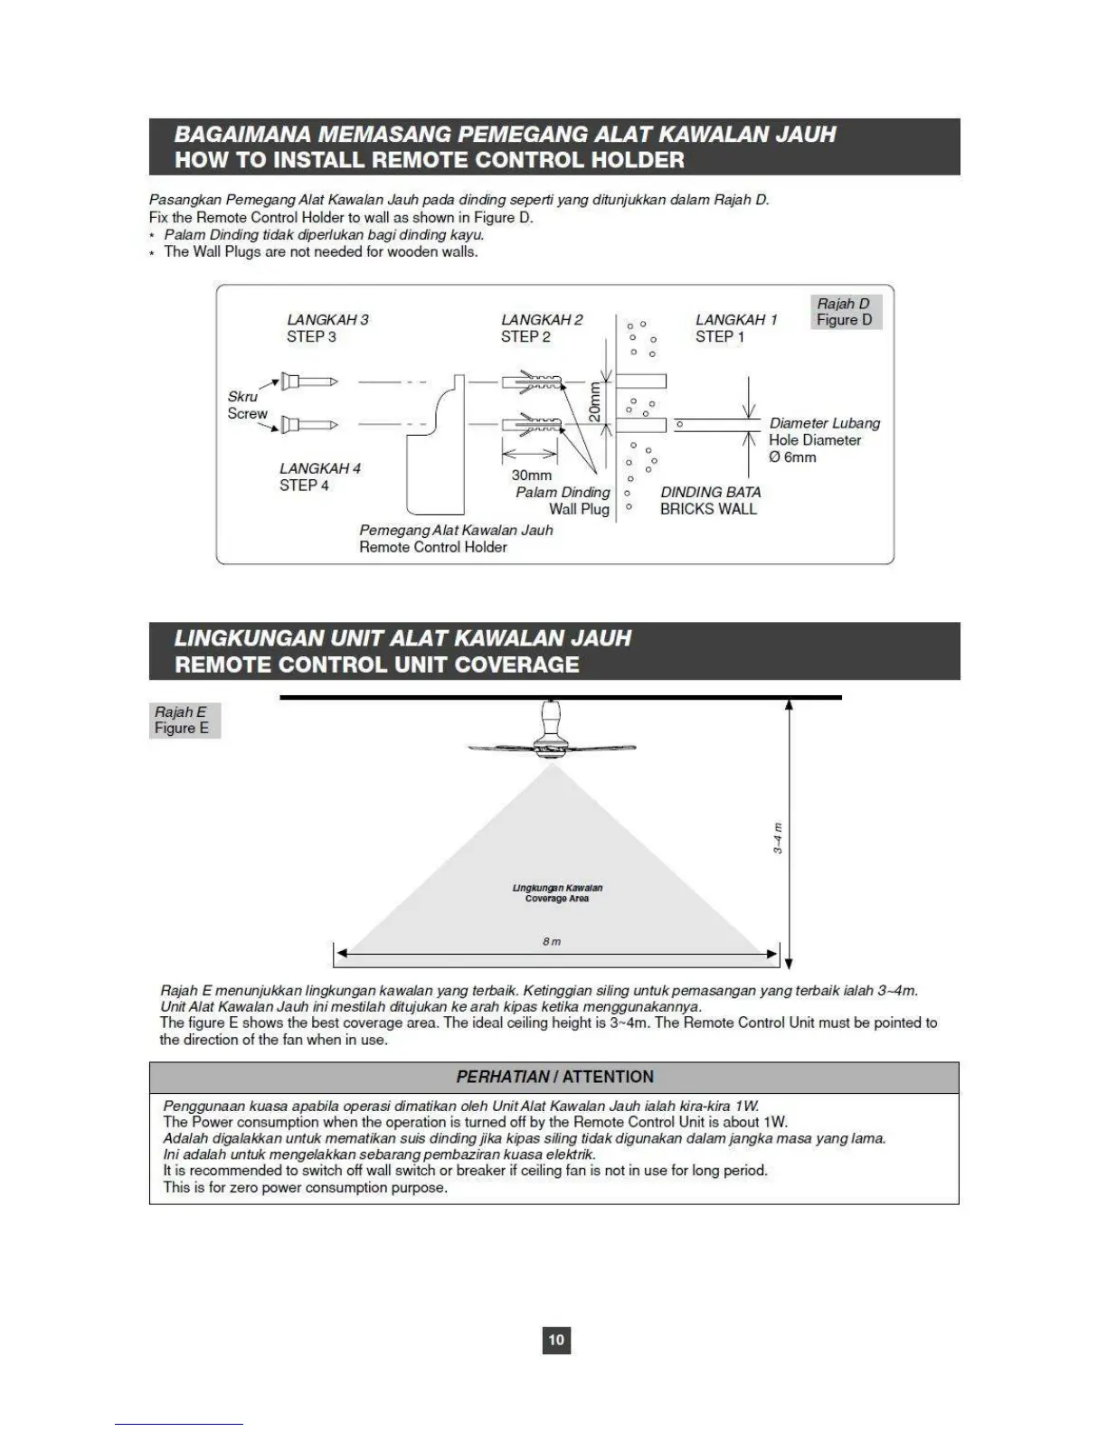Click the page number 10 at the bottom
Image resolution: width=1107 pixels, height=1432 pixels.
(x=556, y=1339)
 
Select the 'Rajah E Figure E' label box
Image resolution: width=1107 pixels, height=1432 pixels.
(x=184, y=721)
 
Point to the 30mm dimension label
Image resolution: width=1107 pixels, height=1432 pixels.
(x=531, y=476)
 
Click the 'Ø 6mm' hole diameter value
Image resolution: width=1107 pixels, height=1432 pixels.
(x=792, y=457)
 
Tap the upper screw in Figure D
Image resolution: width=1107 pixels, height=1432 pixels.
(x=308, y=382)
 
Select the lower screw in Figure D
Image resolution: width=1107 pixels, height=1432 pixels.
(x=308, y=425)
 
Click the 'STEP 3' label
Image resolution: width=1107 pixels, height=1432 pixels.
(x=311, y=337)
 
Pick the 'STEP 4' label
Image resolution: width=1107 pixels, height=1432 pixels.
(x=304, y=485)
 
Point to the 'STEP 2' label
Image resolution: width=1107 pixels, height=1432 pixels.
(x=525, y=337)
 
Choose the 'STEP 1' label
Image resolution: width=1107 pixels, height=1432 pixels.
(x=720, y=337)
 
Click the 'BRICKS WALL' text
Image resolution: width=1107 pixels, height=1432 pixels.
(x=708, y=509)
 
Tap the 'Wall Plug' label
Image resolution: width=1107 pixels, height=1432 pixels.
(x=579, y=509)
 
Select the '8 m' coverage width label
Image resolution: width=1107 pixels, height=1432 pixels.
(x=552, y=942)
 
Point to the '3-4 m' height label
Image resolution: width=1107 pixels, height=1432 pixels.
(x=778, y=838)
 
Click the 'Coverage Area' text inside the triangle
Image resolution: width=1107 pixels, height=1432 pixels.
(x=557, y=899)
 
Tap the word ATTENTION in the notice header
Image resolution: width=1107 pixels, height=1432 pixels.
(x=608, y=1077)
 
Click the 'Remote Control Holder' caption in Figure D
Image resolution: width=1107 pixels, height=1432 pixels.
(x=432, y=547)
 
